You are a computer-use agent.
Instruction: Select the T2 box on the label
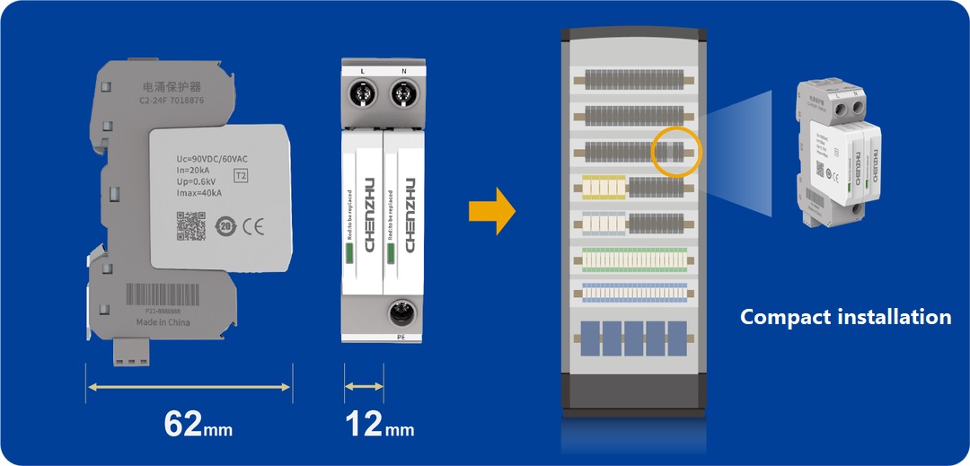[241, 176]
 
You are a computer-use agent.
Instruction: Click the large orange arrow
[492, 213]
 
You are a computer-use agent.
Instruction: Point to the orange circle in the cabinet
[675, 151]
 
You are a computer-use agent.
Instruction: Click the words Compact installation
[844, 317]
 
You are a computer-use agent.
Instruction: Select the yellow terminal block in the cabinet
[603, 187]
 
